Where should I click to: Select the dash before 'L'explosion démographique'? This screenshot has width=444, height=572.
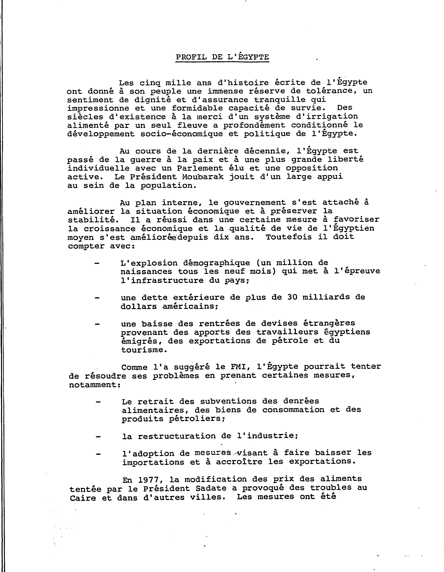pyautogui.click(x=97, y=263)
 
